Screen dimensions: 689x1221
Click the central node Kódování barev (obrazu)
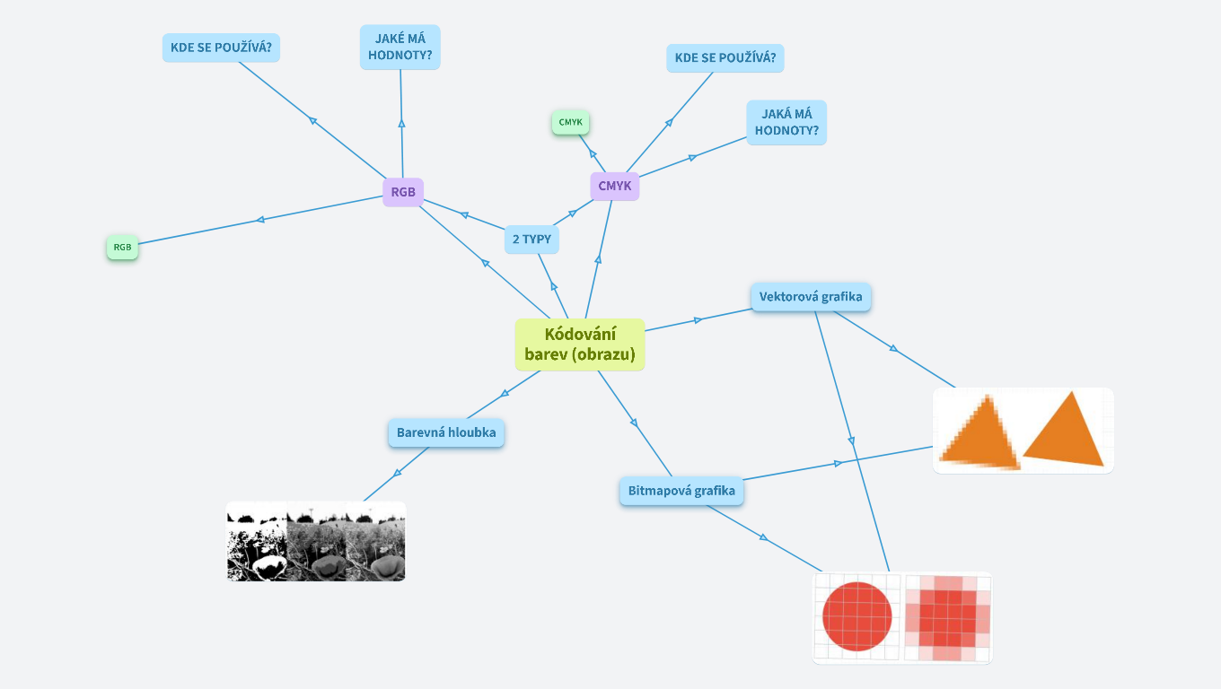point(580,344)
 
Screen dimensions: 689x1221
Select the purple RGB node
point(403,192)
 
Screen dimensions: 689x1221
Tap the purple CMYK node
point(615,187)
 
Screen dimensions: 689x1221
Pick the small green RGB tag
point(123,247)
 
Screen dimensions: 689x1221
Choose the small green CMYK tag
point(571,122)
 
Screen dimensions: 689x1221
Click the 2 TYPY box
point(531,240)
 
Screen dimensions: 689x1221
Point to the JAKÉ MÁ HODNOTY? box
point(400,47)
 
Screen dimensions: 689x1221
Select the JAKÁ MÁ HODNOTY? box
point(786,122)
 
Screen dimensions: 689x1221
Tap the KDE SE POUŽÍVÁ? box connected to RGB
point(221,48)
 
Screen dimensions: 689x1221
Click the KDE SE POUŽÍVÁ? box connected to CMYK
point(725,58)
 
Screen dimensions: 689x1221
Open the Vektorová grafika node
point(811,297)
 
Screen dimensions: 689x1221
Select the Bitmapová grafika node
point(681,491)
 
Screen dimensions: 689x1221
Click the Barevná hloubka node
point(446,432)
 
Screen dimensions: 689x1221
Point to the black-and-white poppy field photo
point(316,541)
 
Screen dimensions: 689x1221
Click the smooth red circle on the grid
point(857,616)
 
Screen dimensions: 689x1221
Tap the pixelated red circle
point(947,617)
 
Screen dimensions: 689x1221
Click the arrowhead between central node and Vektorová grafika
point(698,320)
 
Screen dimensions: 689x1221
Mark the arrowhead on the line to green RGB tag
point(260,219)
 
